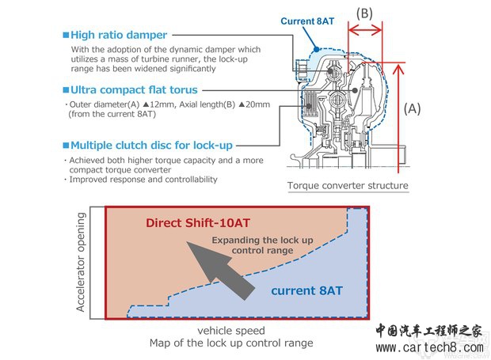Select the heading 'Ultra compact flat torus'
(x=134, y=89)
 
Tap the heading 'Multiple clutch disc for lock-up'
(x=152, y=146)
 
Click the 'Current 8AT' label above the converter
(x=309, y=21)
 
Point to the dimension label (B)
(x=365, y=13)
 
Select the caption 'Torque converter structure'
(x=348, y=187)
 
